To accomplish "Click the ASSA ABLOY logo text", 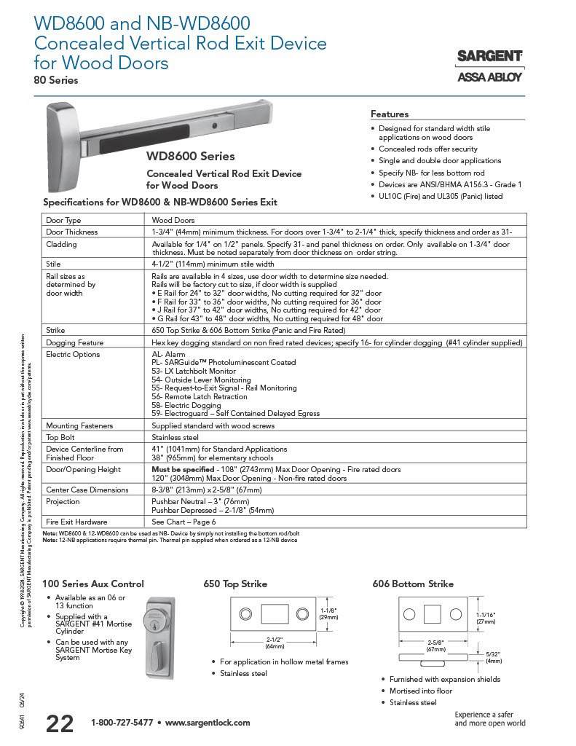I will (489, 77).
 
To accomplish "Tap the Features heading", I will (390, 114).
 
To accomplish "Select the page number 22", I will (60, 723).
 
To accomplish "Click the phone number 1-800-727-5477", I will (122, 723).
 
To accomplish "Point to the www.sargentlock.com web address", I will (208, 723).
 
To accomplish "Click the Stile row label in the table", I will (53, 264).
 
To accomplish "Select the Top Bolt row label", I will (61, 437).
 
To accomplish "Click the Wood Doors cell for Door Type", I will (173, 219).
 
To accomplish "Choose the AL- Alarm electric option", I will (169, 354).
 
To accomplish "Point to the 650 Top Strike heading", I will (234, 584).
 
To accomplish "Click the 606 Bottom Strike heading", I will (413, 584).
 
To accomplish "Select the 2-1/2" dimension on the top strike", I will (274, 640).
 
